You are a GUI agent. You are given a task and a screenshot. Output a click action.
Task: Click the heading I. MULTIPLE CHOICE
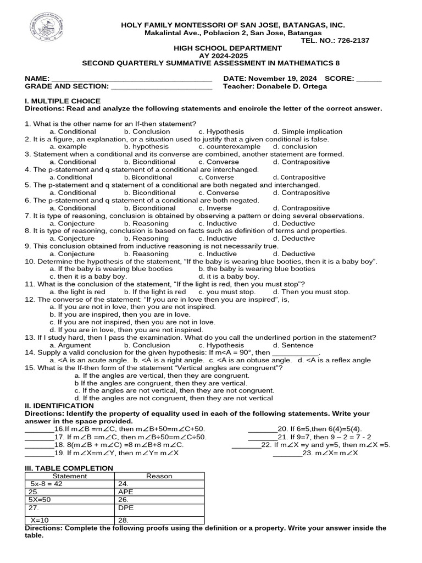coord(63,101)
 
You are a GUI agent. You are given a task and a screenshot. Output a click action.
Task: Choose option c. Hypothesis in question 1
coord(221,131)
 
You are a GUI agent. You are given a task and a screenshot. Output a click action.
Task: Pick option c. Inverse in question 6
coord(218,208)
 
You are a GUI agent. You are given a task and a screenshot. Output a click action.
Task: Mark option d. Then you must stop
coord(311,292)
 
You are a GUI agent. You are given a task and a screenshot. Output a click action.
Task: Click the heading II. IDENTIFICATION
coord(59,406)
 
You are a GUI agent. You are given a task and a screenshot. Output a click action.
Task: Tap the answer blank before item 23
coord(287,453)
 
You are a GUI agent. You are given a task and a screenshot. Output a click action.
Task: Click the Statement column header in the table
coord(70,476)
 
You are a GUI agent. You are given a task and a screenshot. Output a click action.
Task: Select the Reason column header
coord(159,476)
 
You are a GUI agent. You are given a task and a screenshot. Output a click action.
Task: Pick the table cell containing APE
coord(159,492)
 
